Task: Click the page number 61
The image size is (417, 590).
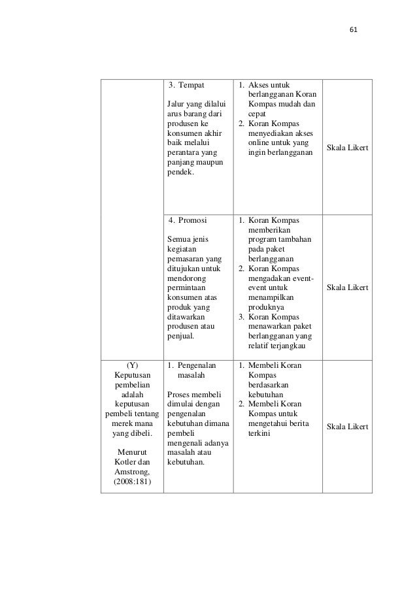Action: (x=354, y=29)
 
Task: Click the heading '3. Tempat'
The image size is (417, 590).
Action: (x=186, y=85)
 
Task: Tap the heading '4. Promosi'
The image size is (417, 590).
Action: (x=188, y=220)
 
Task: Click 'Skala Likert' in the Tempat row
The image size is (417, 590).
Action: (x=347, y=150)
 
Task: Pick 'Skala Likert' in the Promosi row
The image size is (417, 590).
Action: (x=347, y=287)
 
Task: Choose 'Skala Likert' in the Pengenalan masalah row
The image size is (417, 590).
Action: (x=347, y=427)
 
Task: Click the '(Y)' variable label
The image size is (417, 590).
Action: (x=132, y=365)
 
